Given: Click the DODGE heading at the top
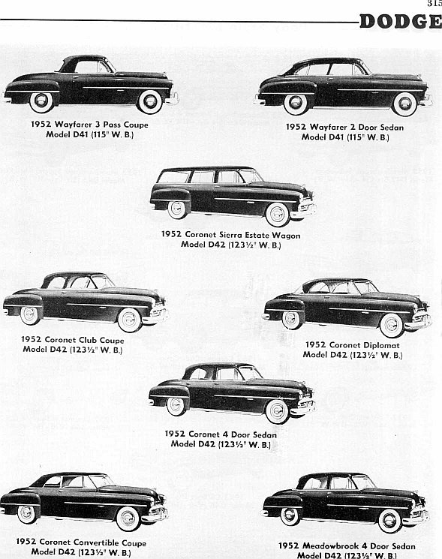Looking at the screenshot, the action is point(401,22).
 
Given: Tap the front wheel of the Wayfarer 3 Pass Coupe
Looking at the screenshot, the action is point(150,101).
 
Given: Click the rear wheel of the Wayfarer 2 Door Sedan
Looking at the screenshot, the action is point(296,104).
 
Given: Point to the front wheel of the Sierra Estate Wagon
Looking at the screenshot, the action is point(278,215).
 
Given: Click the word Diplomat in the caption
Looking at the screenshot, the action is point(382,345).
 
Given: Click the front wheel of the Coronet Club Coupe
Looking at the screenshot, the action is point(129,320).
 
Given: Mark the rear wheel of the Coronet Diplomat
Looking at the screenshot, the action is point(291,320).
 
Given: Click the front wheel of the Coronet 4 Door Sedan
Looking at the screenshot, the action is point(278,411).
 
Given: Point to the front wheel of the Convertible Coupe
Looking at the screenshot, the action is point(128,518).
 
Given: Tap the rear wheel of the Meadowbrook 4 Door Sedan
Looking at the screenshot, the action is point(290,516).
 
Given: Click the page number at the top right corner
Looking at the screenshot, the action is point(435,3).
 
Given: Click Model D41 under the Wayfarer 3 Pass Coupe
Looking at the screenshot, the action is point(68,135).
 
